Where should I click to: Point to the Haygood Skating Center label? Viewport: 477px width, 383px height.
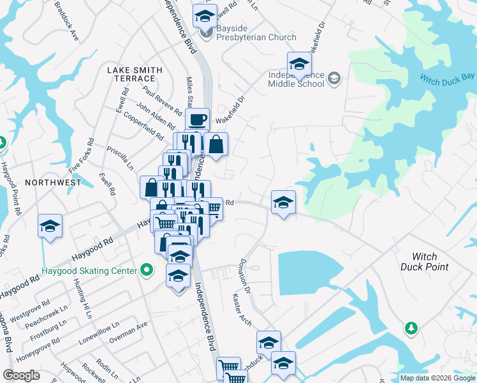point(89,271)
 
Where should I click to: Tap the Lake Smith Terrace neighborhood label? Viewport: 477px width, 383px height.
point(135,73)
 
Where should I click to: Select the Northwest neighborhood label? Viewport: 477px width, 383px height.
point(53,182)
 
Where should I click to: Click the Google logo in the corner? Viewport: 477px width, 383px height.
point(21,375)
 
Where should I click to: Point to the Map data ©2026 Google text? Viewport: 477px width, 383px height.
point(437,378)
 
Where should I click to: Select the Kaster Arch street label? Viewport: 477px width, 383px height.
point(243,310)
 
